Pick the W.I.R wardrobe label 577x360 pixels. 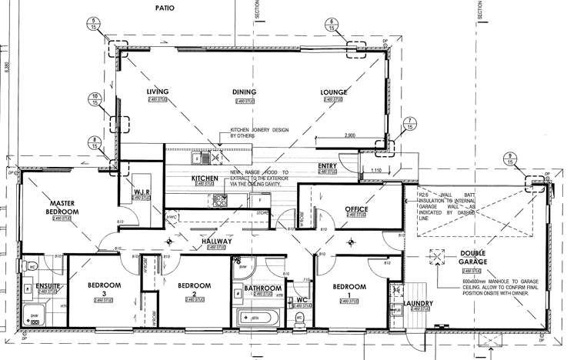141,192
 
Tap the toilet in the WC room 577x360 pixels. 302,316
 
